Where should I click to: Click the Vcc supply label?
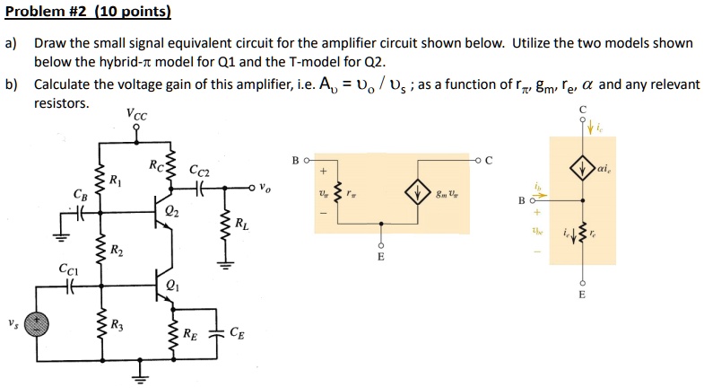(139, 115)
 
